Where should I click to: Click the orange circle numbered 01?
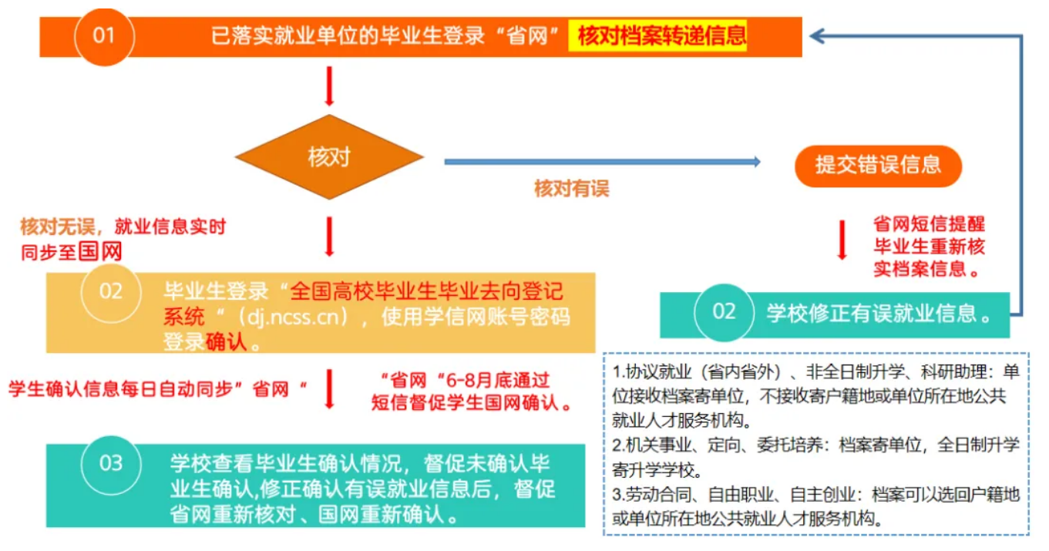pyautogui.click(x=104, y=36)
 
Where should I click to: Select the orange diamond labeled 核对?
pyautogui.click(x=330, y=157)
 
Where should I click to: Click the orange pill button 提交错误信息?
pyautogui.click(x=878, y=166)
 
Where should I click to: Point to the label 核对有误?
pyautogui.click(x=571, y=189)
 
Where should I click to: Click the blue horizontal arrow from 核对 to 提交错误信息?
pyautogui.click(x=602, y=162)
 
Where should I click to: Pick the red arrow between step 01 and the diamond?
pyautogui.click(x=330, y=86)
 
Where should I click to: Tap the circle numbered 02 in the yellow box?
pyautogui.click(x=111, y=292)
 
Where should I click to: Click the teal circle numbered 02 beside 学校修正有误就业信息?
pyautogui.click(x=724, y=312)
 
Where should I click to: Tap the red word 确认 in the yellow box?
pyautogui.click(x=226, y=343)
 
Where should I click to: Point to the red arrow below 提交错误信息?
pyautogui.click(x=842, y=240)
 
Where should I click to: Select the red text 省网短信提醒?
pyautogui.click(x=929, y=224)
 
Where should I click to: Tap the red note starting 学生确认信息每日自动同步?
pyautogui.click(x=158, y=389)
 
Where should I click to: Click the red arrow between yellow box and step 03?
pyautogui.click(x=330, y=389)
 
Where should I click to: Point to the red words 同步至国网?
pyautogui.click(x=72, y=252)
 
